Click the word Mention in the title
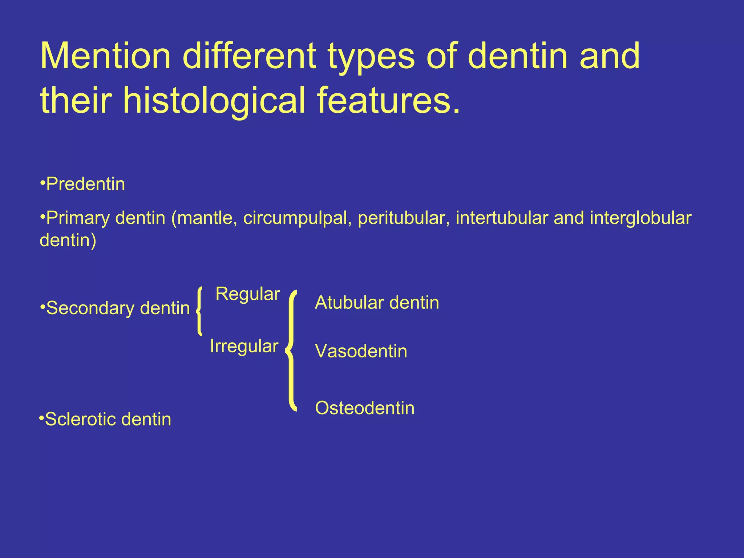tap(105, 56)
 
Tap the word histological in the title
tap(214, 101)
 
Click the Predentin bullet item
tap(85, 184)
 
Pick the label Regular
tap(247, 294)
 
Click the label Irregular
tap(244, 346)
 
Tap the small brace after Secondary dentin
tap(199, 311)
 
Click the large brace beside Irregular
tap(291, 351)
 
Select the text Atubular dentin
tap(377, 303)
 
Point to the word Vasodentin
tap(361, 351)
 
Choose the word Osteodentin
tap(364, 408)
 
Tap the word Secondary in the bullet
tap(90, 308)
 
